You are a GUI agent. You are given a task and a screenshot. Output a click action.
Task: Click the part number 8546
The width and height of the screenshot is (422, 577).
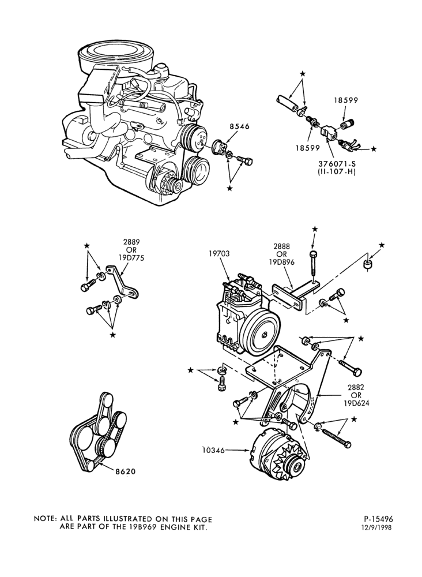tap(239, 126)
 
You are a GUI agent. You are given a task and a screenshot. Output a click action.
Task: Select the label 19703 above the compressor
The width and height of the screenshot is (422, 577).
tap(220, 253)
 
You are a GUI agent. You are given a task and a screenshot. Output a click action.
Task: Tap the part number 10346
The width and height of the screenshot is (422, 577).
tap(214, 449)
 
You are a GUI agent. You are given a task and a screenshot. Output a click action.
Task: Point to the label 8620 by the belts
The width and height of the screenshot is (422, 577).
tap(126, 471)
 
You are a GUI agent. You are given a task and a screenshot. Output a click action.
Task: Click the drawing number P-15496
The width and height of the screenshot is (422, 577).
tap(378, 519)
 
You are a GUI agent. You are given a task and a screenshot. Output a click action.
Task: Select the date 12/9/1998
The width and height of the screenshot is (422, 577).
tap(378, 527)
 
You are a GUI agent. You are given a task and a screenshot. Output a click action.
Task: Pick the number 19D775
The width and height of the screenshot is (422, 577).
tap(131, 257)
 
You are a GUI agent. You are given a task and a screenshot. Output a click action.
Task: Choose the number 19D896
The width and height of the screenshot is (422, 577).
tap(285, 263)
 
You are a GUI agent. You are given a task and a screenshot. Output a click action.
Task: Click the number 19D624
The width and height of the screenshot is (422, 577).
tap(356, 403)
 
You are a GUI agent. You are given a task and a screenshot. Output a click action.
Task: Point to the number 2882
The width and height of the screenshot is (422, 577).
tap(356, 388)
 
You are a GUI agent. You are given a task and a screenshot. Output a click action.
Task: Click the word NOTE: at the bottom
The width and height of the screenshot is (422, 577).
tap(45, 519)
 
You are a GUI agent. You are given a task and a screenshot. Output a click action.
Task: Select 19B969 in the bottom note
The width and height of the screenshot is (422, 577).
tap(141, 527)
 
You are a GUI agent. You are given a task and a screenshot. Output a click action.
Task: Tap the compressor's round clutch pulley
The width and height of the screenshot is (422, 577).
tap(262, 334)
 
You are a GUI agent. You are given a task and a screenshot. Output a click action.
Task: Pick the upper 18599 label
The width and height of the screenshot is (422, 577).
tap(346, 100)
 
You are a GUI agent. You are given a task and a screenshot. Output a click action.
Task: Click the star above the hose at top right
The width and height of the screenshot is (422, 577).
tap(303, 74)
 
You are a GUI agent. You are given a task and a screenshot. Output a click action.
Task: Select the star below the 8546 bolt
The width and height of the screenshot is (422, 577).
tap(230, 188)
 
